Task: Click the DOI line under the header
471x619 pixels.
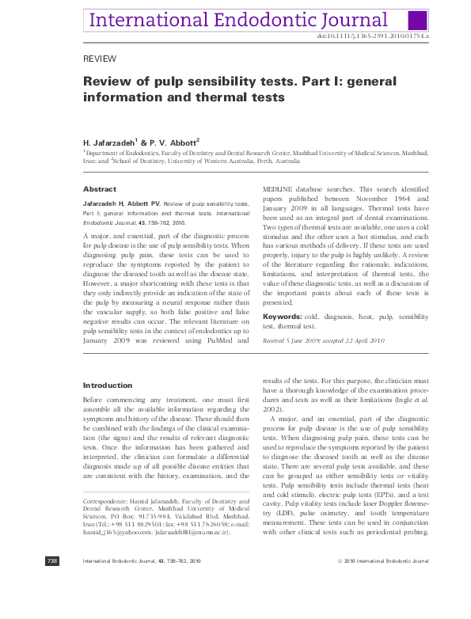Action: pos(372,36)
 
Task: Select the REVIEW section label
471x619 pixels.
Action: pos(100,59)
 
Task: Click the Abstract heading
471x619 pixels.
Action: pos(100,189)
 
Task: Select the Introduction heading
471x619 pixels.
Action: pos(108,385)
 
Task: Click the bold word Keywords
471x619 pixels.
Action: pos(280,317)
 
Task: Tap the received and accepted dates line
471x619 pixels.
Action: pos(323,340)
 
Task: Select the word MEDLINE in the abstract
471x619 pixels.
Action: pos(278,189)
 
